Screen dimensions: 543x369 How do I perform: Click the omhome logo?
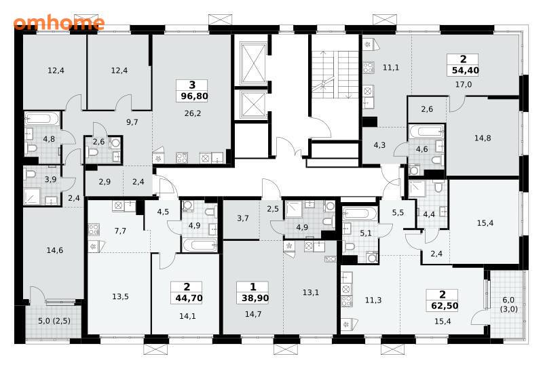[59, 23]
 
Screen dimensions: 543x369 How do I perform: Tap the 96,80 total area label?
[194, 96]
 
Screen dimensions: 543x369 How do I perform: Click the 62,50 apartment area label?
[445, 306]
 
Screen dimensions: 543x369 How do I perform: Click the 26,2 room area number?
[193, 113]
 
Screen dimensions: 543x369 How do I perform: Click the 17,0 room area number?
[464, 84]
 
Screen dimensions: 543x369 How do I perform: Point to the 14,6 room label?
[55, 250]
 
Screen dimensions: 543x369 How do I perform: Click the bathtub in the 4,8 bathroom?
[42, 119]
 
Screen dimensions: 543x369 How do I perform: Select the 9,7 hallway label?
[132, 122]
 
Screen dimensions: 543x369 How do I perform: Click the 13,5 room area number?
[120, 296]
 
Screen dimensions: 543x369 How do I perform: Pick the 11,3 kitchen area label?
[373, 300]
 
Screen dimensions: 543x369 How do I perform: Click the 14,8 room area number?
[483, 138]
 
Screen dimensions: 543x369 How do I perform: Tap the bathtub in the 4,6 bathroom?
[427, 131]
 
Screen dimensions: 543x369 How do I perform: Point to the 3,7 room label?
[243, 218]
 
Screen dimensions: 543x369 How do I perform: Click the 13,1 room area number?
[311, 292]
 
